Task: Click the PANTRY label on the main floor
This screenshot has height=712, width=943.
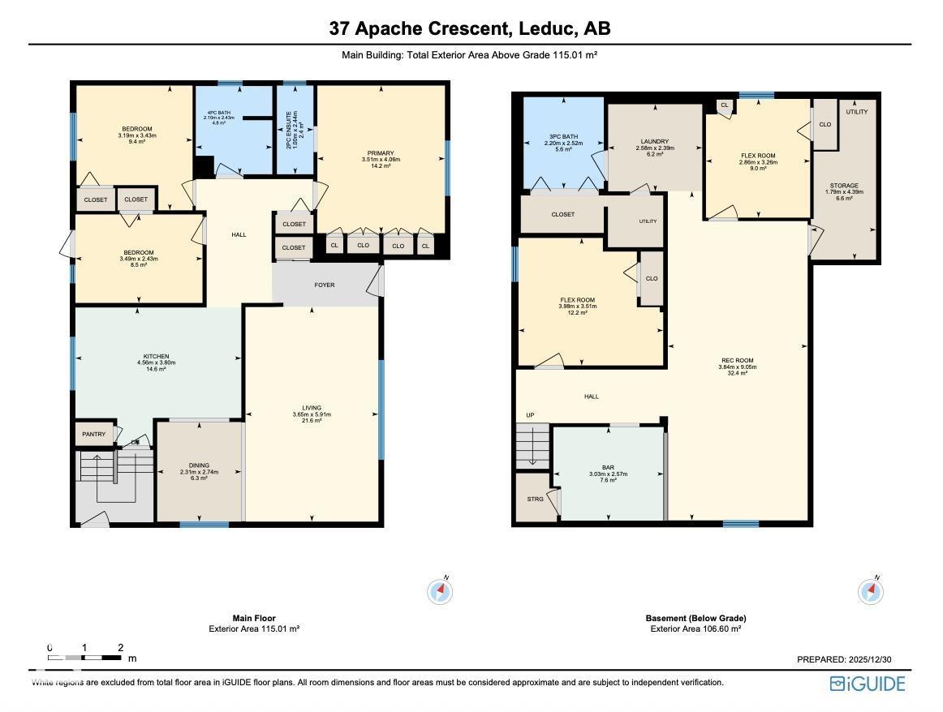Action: [94, 435]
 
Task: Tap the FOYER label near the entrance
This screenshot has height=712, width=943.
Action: [325, 285]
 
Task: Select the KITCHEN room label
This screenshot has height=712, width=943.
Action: [157, 357]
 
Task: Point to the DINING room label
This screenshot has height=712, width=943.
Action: [199, 465]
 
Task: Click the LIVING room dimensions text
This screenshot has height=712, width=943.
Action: [312, 414]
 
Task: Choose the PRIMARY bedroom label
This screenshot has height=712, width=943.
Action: [381, 153]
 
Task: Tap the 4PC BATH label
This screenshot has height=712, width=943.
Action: [218, 113]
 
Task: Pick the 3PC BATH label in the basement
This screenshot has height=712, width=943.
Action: [561, 136]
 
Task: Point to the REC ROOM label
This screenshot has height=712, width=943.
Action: [738, 360]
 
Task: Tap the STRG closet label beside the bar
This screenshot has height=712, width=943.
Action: [535, 499]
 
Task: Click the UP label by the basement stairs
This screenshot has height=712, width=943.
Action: [530, 415]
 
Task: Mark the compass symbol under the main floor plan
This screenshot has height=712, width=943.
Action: [440, 592]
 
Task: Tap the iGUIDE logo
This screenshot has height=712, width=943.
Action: [868, 684]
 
